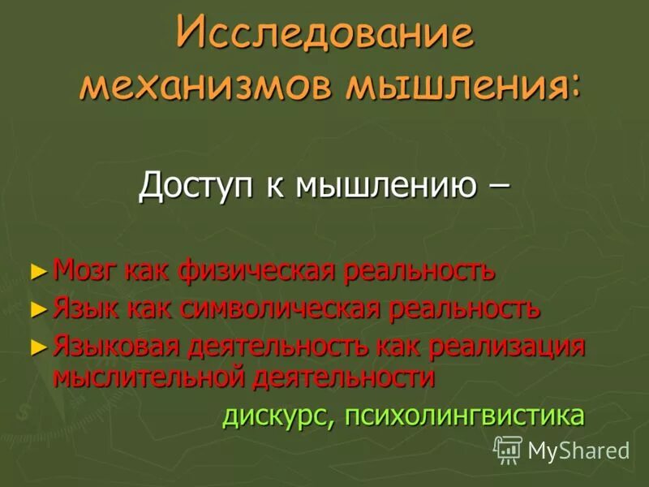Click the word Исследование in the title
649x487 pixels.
coord(324,37)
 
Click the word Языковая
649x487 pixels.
coord(118,347)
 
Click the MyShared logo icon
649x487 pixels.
coord(508,450)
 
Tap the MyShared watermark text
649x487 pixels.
coord(578,450)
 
